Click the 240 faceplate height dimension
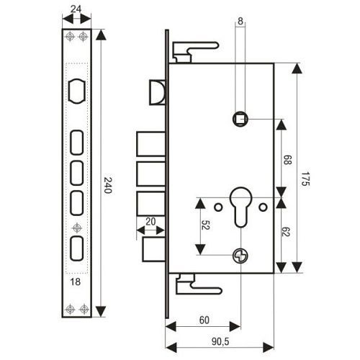108,185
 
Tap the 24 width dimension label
76,9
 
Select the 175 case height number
305,179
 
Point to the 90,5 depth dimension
220,341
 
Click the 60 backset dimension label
204,320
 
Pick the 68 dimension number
287,160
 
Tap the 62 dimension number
286,232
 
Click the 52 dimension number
205,225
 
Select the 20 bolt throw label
150,222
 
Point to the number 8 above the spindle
240,21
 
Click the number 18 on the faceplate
76,282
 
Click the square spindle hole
240,119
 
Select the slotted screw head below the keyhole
240,256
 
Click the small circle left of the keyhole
218,207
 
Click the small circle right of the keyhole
263,207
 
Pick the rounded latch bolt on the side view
158,92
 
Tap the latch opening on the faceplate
77,91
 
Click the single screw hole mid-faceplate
77,228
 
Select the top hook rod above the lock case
196,52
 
